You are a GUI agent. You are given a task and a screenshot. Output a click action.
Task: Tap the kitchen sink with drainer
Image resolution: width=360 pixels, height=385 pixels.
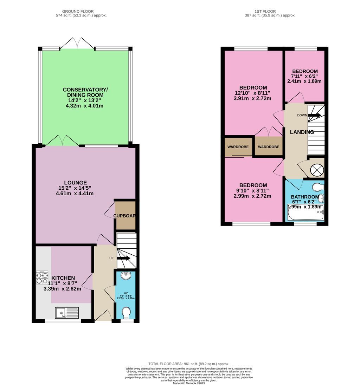67,312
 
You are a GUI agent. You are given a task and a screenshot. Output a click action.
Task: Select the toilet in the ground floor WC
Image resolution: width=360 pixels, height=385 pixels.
126,312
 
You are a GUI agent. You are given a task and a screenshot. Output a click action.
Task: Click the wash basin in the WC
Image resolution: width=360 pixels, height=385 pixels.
126,276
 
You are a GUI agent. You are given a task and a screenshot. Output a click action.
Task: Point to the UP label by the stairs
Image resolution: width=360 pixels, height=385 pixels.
111,258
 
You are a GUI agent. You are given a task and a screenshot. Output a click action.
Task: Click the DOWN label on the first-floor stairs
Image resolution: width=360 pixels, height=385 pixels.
302,115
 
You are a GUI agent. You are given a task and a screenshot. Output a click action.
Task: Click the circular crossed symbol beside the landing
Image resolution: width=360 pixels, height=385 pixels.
316,170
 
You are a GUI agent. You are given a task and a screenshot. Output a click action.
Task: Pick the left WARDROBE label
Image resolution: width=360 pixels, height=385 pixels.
238,147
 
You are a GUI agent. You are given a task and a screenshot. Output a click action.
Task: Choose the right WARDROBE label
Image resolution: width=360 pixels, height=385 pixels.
269,147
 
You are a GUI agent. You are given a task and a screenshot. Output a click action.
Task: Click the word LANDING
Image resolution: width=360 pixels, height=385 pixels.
302,132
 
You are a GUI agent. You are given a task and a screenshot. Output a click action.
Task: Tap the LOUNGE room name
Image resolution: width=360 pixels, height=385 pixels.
75,183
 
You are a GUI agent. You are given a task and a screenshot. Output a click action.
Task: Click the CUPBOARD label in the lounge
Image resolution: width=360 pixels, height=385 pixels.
124,216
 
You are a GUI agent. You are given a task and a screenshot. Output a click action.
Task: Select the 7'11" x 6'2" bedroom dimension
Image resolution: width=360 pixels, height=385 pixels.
304,76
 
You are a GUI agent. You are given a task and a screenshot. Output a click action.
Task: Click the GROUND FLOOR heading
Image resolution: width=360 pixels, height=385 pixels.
78,11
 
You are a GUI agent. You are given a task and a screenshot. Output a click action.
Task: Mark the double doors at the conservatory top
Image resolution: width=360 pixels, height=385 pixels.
77,43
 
